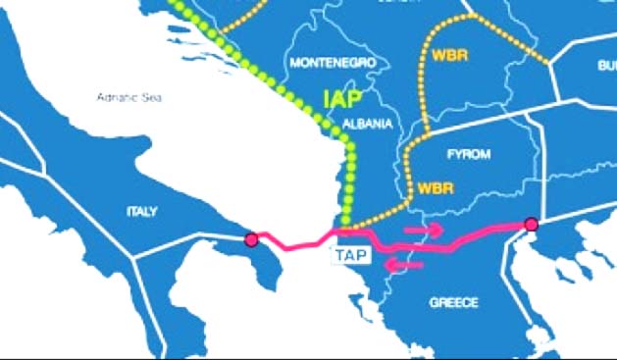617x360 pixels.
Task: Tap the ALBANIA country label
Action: (x=368, y=125)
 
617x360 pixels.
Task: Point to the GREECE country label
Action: (x=454, y=303)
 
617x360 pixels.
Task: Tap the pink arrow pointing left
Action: (x=403, y=264)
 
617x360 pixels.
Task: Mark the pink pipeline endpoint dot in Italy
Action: (x=251, y=238)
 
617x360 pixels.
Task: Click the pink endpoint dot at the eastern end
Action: (x=532, y=225)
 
